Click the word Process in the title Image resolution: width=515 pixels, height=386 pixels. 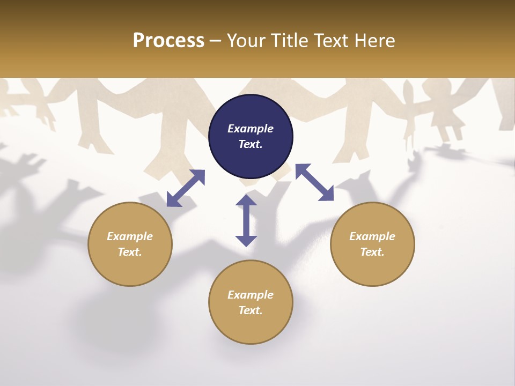pos(168,41)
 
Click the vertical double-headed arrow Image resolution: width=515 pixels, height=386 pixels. pos(246,220)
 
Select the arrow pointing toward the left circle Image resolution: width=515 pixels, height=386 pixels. pos(186,188)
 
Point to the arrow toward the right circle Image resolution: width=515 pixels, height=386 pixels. pos(315,182)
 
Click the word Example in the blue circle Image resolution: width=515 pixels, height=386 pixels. pos(251,129)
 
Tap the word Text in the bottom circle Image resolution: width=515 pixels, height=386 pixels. pos(250,310)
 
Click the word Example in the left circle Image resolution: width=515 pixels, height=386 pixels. pos(130,236)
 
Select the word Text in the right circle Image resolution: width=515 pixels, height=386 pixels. pos(372,252)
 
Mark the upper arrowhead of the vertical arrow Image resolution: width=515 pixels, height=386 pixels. pos(246,201)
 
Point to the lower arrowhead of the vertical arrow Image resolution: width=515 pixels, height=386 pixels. pos(246,241)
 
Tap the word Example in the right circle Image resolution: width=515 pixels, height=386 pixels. pos(372,236)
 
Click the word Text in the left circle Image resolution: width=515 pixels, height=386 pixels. pos(129,252)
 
